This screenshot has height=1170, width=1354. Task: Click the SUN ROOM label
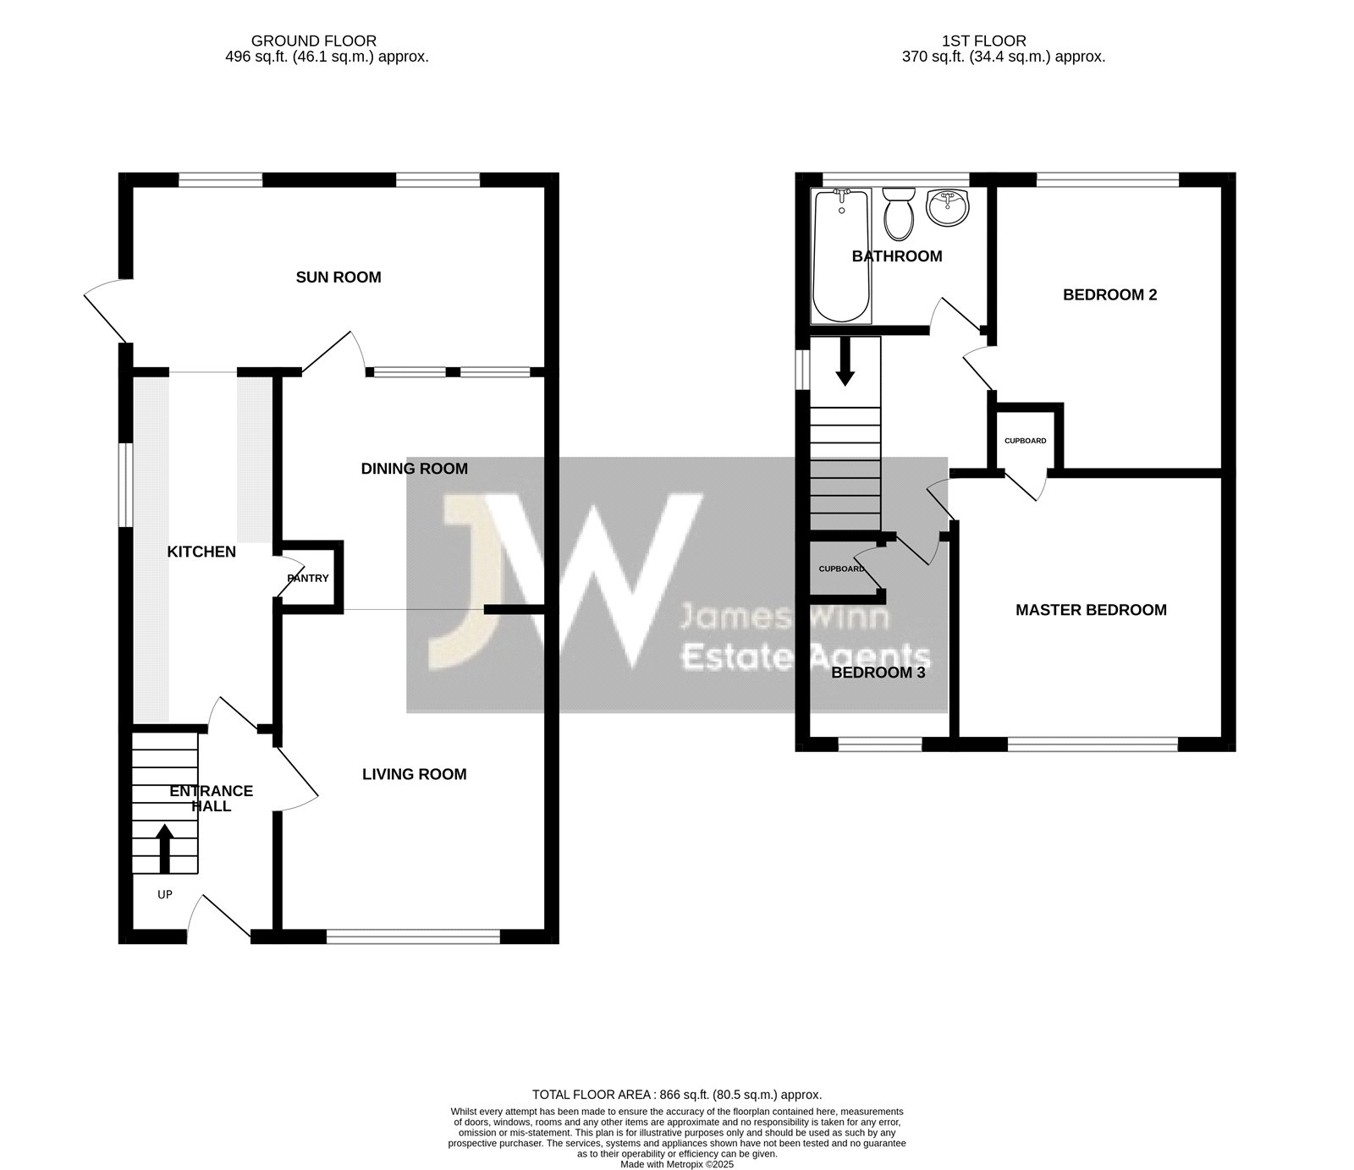(x=338, y=277)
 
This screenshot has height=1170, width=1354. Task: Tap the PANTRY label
(x=308, y=579)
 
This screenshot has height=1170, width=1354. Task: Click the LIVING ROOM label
(x=414, y=774)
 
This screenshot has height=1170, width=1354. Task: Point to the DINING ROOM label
(x=414, y=469)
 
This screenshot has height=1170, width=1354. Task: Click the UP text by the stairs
(x=165, y=894)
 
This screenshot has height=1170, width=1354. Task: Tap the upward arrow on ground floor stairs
(x=165, y=849)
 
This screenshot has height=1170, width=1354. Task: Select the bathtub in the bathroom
(x=841, y=255)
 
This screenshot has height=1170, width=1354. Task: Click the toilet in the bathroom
(x=898, y=211)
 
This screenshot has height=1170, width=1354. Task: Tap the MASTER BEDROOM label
(x=1091, y=610)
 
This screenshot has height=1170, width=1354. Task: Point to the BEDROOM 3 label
(x=878, y=673)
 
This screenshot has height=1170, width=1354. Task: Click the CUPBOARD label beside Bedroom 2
(x=1025, y=441)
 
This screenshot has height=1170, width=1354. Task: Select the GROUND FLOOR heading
(x=314, y=41)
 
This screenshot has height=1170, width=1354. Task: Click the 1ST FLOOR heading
(x=984, y=41)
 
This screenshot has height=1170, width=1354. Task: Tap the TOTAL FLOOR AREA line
(x=677, y=1094)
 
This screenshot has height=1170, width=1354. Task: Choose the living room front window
(x=414, y=937)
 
